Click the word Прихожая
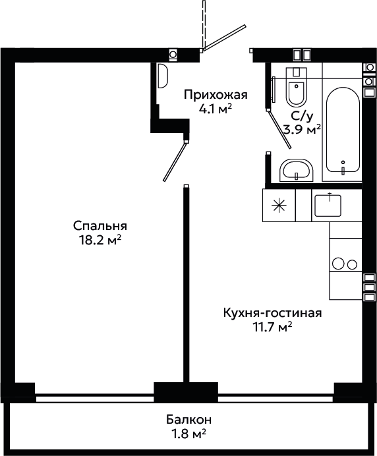tap(216, 96)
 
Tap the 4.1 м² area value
tap(216, 109)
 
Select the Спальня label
tap(100, 226)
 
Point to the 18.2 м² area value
tap(100, 241)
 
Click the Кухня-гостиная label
tap(273, 313)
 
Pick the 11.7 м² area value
tap(272, 327)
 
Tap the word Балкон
tap(188, 420)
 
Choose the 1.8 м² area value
tap(188, 434)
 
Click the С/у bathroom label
tap(303, 117)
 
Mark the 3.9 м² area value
tap(303, 130)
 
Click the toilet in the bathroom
tap(297, 87)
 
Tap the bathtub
tap(343, 130)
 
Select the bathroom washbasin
tap(297, 171)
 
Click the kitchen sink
tap(328, 206)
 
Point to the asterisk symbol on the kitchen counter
tap(279, 206)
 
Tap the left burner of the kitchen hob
tap(338, 264)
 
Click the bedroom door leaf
tap(175, 161)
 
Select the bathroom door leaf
tap(279, 129)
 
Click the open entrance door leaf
tap(225, 38)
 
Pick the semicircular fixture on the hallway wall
tap(163, 76)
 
